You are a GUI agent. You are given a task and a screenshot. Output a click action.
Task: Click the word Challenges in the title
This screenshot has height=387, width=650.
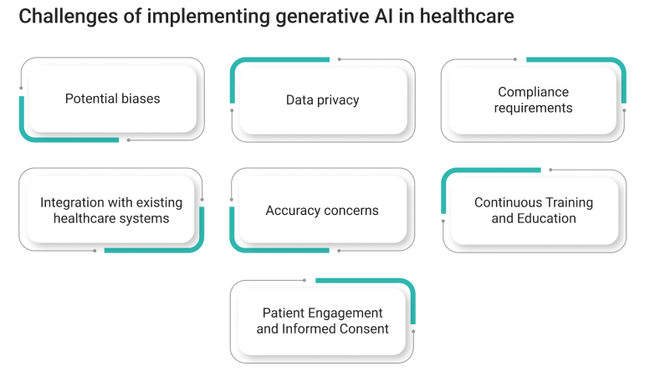coord(69,18)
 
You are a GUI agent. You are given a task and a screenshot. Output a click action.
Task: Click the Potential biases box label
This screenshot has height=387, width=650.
coord(112,99)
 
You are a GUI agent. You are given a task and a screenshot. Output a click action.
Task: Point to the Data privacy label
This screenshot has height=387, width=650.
coord(323,99)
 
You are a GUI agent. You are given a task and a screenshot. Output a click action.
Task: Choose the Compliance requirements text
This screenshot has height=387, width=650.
coord(533,99)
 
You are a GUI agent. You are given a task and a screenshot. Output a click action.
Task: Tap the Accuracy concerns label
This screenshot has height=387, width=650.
coord(322,211)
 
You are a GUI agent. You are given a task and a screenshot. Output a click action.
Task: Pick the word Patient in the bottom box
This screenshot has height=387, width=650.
coord(280,313)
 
